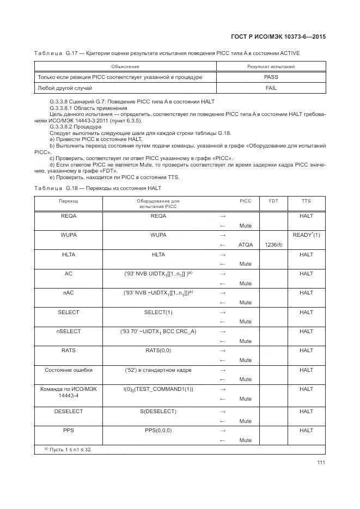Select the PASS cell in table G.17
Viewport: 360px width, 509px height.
coord(271,77)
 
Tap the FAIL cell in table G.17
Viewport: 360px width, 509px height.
coord(271,88)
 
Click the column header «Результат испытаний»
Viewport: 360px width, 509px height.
coord(271,66)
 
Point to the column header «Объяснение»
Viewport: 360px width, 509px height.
coord(125,66)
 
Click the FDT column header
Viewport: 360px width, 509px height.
coord(273,201)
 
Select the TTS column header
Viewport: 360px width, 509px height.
coord(306,201)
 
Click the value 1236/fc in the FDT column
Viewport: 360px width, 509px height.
coord(273,244)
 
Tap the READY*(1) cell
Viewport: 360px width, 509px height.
coord(306,235)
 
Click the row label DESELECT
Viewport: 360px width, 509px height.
coord(68,412)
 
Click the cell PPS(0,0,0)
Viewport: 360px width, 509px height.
coord(158,431)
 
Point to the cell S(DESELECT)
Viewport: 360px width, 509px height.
coord(158,412)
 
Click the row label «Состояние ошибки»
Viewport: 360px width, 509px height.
coord(68,370)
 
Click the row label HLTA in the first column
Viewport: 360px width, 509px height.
coord(68,254)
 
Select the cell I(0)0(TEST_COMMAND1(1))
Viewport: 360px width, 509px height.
coord(158,389)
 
